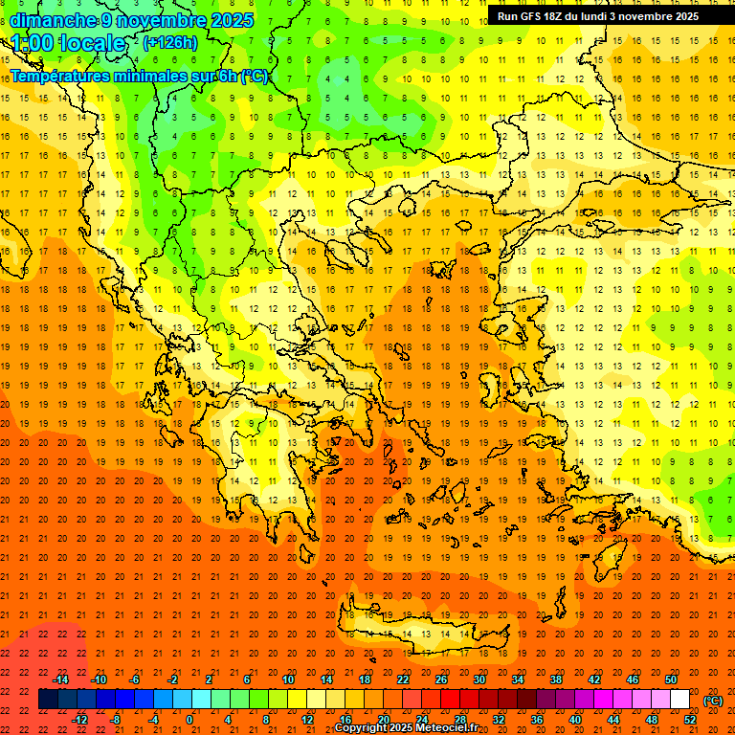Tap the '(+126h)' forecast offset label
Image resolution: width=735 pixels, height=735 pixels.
(170, 42)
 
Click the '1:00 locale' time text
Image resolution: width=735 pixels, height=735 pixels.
(69, 43)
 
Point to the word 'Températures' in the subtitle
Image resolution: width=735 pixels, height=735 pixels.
(60, 77)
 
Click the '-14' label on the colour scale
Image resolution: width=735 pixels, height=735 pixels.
(60, 679)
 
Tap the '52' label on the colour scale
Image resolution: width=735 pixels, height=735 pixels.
(690, 719)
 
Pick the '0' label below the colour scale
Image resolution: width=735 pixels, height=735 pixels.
(189, 719)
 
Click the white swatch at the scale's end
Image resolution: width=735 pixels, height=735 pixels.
(679, 700)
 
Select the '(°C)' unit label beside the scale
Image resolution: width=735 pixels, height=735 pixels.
(713, 701)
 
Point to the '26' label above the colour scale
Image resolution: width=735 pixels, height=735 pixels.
(441, 679)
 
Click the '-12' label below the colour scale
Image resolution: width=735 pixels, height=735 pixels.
(79, 719)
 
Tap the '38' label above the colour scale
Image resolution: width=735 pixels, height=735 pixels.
(556, 679)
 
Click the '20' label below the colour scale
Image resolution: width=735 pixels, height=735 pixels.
(383, 719)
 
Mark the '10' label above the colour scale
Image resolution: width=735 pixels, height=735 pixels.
(288, 679)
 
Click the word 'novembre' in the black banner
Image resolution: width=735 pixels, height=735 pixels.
(646, 16)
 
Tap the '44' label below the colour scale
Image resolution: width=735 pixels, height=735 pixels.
(613, 719)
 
